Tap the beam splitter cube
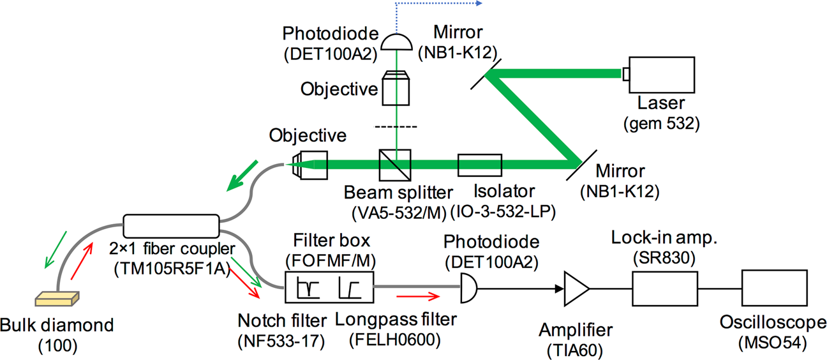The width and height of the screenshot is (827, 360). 396,165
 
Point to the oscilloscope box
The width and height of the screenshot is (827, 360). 771,289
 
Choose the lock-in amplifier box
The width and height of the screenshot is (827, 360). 663,289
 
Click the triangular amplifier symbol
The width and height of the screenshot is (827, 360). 576,289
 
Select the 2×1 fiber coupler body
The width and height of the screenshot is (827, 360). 170,225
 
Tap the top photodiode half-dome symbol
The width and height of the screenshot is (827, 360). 396,42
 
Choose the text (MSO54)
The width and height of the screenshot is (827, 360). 771,342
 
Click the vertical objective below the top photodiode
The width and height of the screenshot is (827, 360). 396,87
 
